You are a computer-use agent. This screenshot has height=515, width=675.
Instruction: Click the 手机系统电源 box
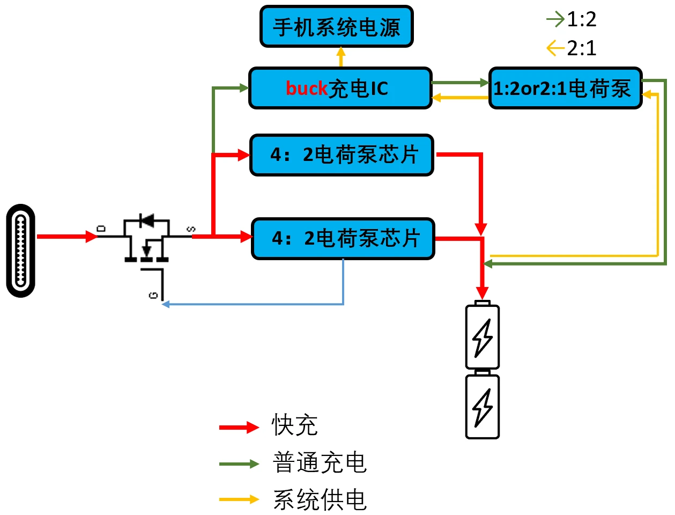click(x=337, y=27)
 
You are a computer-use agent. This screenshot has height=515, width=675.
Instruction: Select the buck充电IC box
click(x=340, y=89)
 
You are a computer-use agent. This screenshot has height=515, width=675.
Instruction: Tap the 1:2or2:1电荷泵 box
click(x=565, y=89)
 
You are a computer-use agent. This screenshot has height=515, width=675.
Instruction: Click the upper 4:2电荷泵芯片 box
click(x=342, y=155)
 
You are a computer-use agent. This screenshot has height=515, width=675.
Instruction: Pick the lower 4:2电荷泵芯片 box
click(x=343, y=239)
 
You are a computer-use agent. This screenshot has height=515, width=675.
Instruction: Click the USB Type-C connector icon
click(x=21, y=251)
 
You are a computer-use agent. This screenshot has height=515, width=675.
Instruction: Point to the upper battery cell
click(x=483, y=336)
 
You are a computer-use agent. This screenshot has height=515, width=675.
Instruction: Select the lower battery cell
click(x=483, y=406)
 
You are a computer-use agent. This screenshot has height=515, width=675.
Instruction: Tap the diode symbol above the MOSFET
click(x=146, y=220)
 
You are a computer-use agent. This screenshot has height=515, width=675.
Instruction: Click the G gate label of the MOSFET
click(x=153, y=295)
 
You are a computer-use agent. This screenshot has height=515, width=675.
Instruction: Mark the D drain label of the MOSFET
click(x=102, y=229)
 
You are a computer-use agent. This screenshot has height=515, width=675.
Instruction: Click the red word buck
click(x=306, y=89)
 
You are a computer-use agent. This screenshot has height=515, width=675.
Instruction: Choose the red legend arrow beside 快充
click(x=239, y=427)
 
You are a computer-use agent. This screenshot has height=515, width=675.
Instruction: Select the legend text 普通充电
click(x=320, y=462)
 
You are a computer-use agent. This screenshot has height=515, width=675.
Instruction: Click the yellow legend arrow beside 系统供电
click(x=239, y=499)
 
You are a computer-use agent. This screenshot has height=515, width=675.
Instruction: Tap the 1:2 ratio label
click(x=581, y=20)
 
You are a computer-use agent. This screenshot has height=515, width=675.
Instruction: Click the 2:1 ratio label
click(x=581, y=48)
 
